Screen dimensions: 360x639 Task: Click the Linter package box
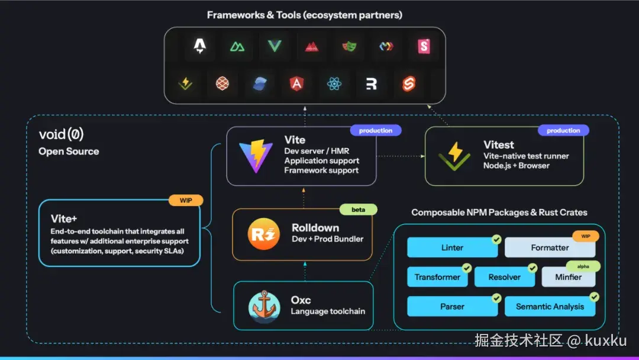coord(452,247)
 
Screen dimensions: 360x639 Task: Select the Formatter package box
coord(550,247)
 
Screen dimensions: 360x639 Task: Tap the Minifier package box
coord(568,277)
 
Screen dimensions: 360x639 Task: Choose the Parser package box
coord(452,307)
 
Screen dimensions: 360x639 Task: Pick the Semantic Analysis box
coord(550,307)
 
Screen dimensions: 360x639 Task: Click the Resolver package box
coord(505,277)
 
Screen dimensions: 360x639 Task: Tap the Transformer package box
coord(437,277)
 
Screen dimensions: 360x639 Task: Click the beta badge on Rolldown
coord(358,210)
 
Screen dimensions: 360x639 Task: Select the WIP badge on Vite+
coord(185,200)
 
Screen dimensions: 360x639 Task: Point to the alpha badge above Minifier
coord(583,266)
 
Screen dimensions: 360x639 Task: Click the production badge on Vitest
coord(563,130)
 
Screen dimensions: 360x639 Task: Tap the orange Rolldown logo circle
coord(263,234)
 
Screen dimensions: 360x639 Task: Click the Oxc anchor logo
coord(264,307)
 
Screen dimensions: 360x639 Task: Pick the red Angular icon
coord(296,84)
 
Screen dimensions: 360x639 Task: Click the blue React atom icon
coord(334,84)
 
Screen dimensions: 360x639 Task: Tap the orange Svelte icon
coord(408,84)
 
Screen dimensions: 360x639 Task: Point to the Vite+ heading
coord(64,219)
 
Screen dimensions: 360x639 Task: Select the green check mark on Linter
coord(496,240)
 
